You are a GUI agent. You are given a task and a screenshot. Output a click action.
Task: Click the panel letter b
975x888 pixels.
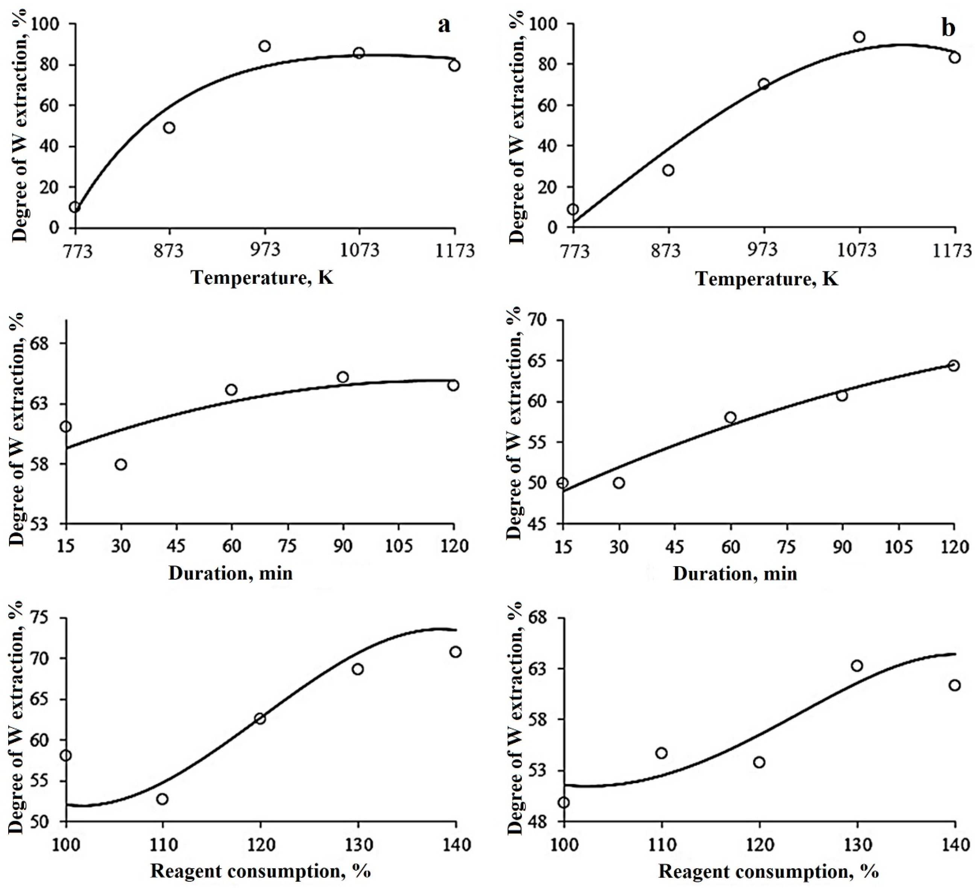pos(948,28)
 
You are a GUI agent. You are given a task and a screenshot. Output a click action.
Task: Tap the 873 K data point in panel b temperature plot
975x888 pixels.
pos(669,170)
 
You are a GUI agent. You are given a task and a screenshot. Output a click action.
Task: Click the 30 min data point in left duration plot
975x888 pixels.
pos(121,464)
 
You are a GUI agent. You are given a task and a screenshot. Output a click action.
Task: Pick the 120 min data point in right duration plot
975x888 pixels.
pos(954,366)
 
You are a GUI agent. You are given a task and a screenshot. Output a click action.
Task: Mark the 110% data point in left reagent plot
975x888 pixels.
pos(162,799)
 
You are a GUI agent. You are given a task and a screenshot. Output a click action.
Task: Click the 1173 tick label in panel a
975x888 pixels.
pos(455,250)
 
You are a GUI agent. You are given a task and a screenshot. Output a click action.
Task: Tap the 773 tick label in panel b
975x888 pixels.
pos(573,250)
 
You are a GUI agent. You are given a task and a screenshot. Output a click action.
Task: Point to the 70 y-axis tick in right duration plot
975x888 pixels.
pos(542,320)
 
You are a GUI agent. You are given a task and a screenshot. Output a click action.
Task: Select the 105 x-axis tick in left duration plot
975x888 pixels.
pos(399,547)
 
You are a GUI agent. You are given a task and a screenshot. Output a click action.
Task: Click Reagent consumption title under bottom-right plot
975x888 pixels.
pos(769,872)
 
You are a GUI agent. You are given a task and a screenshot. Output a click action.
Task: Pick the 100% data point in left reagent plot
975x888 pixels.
pos(66,756)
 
